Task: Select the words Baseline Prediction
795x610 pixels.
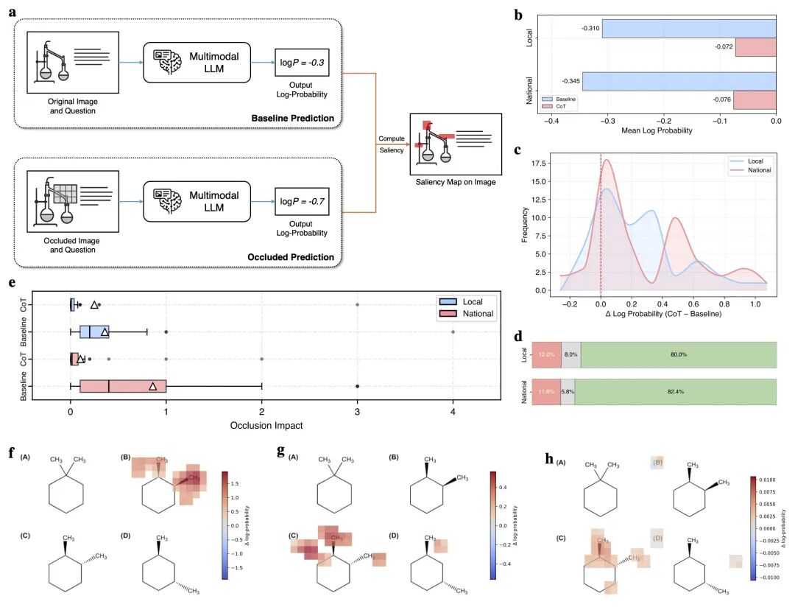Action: pyautogui.click(x=293, y=118)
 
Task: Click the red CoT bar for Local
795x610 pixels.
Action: pyautogui.click(x=756, y=48)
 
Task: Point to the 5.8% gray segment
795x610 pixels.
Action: pyautogui.click(x=568, y=391)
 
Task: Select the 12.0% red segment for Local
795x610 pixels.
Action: pyautogui.click(x=545, y=354)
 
